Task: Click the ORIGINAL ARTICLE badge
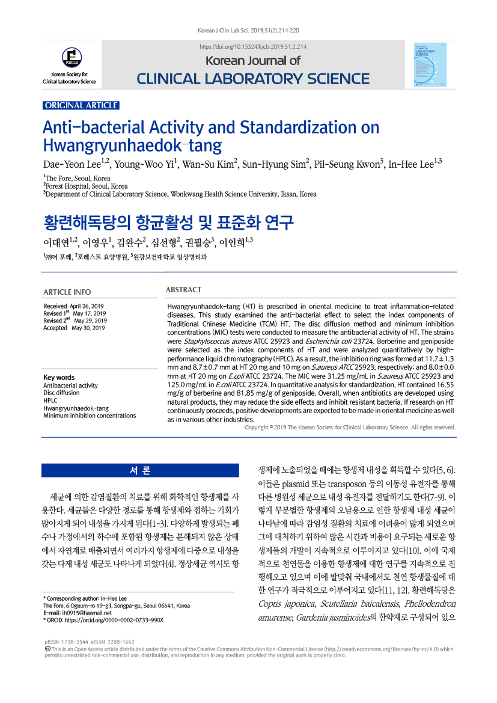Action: [81, 105]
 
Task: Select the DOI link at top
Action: [253, 46]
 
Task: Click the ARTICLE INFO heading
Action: [67, 292]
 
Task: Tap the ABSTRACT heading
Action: [183, 290]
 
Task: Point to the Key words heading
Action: [59, 378]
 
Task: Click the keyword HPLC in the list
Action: [50, 399]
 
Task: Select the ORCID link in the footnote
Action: [106, 619]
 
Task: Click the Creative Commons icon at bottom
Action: [47, 649]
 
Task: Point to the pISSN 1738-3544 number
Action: [66, 642]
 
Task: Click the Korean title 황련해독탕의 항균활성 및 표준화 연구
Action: [168, 222]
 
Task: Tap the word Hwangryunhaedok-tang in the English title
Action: [132, 146]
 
